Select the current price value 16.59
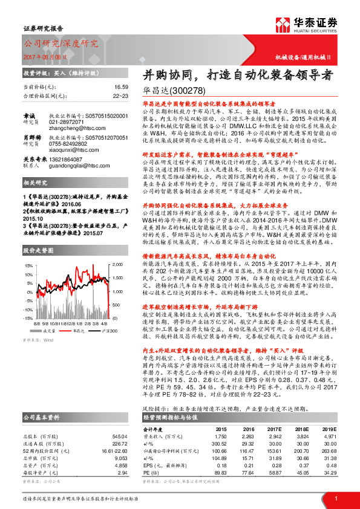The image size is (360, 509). (122, 88)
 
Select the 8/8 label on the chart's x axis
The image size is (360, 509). (38, 324)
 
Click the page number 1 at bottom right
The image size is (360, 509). (336, 497)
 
